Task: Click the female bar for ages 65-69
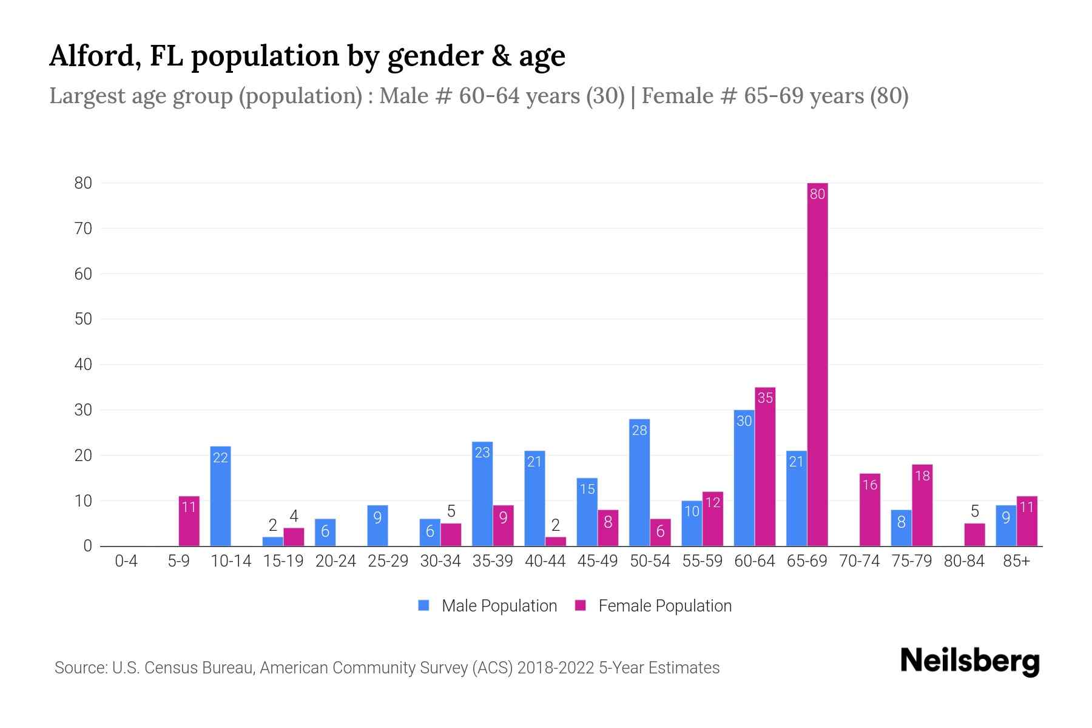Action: coord(817,364)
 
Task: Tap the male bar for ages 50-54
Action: coord(639,482)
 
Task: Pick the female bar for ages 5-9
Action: coord(189,521)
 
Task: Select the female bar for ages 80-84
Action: coord(974,534)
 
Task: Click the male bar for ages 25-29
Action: coord(377,525)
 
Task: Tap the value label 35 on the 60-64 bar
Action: coord(765,398)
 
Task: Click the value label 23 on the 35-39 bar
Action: coord(482,453)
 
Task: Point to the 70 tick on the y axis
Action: coord(83,229)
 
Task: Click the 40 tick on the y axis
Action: coord(83,365)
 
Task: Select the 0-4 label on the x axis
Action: coord(126,561)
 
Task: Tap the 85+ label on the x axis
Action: coord(1016,561)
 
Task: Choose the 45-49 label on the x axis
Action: coord(597,561)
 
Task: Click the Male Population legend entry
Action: coord(488,605)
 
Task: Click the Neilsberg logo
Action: coord(969,661)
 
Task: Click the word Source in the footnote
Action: coord(79,668)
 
